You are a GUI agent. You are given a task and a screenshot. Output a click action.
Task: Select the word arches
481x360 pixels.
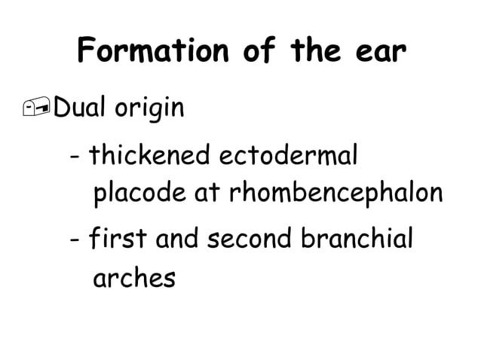pyautogui.click(x=133, y=278)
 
